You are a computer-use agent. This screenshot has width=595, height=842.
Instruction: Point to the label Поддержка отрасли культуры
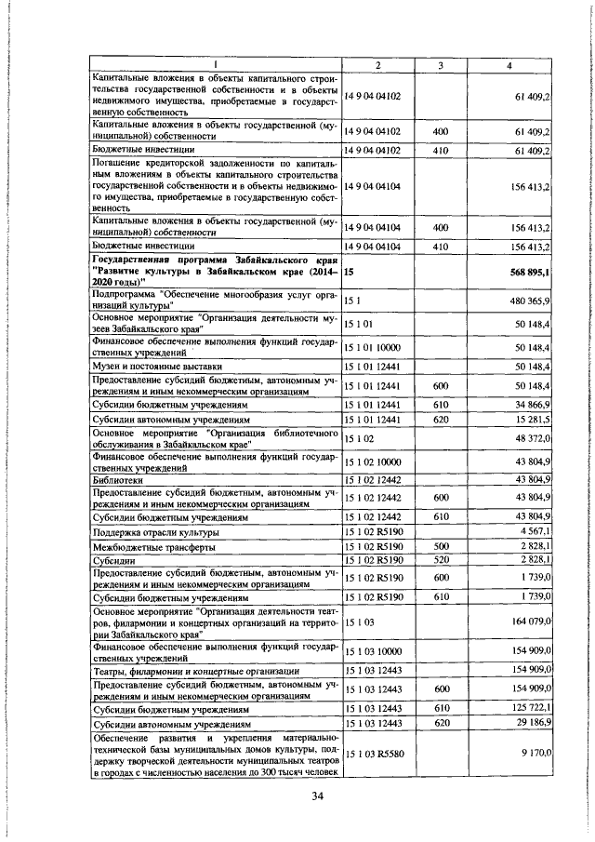pyautogui.click(x=156, y=532)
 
